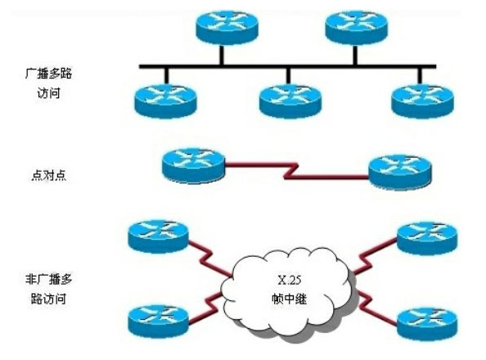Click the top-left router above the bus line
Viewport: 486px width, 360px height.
coord(227,28)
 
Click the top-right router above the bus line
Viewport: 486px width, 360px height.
coord(356,28)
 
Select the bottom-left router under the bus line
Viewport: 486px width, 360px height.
coord(165,101)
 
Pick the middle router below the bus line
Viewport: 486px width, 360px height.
coord(290,101)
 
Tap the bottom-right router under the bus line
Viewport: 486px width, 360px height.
coord(422,101)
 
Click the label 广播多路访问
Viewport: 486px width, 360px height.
coord(48,83)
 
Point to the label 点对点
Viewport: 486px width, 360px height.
coord(48,176)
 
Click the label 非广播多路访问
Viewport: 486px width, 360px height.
coord(48,289)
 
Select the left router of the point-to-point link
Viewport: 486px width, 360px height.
coord(193,166)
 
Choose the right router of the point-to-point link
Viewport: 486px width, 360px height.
coord(399,172)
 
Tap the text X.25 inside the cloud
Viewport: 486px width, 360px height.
coord(289,281)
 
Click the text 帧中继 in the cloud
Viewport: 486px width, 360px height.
coord(289,299)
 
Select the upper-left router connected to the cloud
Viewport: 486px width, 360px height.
coord(158,236)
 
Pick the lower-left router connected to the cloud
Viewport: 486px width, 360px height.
coord(158,322)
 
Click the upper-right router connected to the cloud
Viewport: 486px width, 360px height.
coord(427,238)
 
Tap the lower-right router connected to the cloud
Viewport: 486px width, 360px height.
coord(427,323)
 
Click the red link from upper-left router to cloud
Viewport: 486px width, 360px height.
coord(209,259)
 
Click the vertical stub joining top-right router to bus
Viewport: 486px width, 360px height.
coord(355,55)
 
